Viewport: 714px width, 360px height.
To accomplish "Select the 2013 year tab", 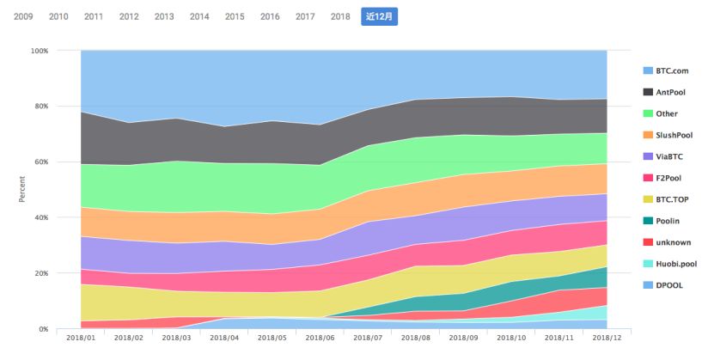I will click(x=164, y=16).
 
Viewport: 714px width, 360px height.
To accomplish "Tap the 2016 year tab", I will click(x=269, y=16).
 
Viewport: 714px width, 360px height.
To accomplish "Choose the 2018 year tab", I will click(x=339, y=16).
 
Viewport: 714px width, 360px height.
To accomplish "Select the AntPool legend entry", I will click(x=675, y=92).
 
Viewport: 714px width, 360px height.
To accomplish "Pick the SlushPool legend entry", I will click(x=678, y=135).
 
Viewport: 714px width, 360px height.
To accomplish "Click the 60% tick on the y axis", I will click(x=41, y=162).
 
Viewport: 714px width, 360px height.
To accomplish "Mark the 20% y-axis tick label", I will click(x=41, y=273).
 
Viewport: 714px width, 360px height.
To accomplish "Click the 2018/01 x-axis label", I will click(x=80, y=339).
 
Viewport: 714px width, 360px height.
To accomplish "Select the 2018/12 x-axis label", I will click(x=607, y=339).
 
